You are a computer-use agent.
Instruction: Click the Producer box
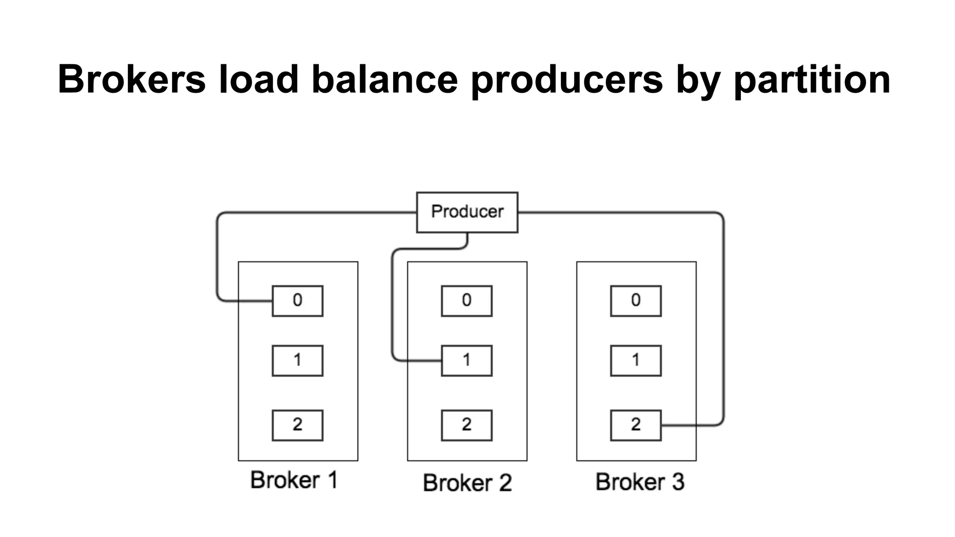[467, 212]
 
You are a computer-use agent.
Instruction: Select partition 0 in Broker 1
[298, 301]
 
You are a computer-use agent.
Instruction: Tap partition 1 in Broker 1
[298, 360]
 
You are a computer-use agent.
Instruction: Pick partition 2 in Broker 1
[298, 425]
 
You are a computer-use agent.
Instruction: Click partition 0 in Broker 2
[466, 301]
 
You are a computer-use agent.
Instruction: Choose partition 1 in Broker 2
[466, 360]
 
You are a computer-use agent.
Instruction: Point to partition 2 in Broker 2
[466, 425]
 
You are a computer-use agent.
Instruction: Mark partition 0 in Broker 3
[636, 301]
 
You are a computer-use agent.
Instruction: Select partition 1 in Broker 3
[636, 360]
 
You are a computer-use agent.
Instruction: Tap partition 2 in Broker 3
[636, 425]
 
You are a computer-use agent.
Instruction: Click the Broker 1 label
[294, 480]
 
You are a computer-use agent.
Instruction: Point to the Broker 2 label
[467, 482]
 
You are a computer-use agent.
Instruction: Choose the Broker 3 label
[640, 482]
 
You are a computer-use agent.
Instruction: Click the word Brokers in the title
[131, 79]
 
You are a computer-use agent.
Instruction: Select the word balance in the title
[385, 79]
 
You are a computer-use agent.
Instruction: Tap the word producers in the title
[567, 79]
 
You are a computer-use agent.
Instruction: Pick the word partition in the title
[812, 79]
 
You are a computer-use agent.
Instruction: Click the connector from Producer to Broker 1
[217, 256]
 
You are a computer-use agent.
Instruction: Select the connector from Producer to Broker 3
[723, 317]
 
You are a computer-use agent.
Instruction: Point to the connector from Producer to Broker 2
[393, 303]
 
